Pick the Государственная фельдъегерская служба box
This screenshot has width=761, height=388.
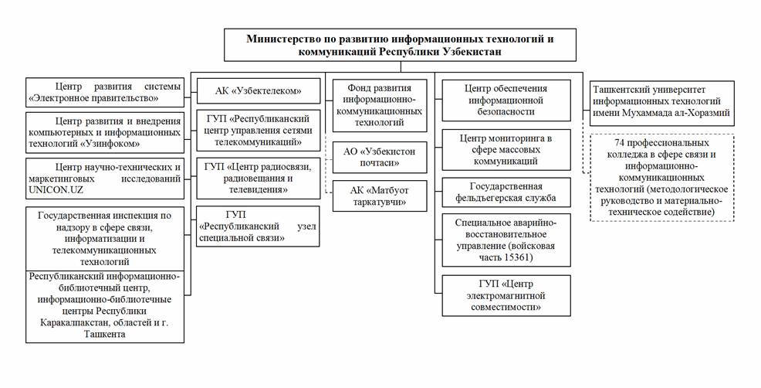tap(506, 192)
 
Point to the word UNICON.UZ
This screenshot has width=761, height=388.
tap(56, 189)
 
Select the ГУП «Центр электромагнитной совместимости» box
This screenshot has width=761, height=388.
tap(506, 295)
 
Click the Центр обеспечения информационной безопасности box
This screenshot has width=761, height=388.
tap(506, 100)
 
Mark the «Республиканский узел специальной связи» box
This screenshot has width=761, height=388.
tap(257, 226)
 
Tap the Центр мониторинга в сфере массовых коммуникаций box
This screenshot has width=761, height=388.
tap(506, 150)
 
